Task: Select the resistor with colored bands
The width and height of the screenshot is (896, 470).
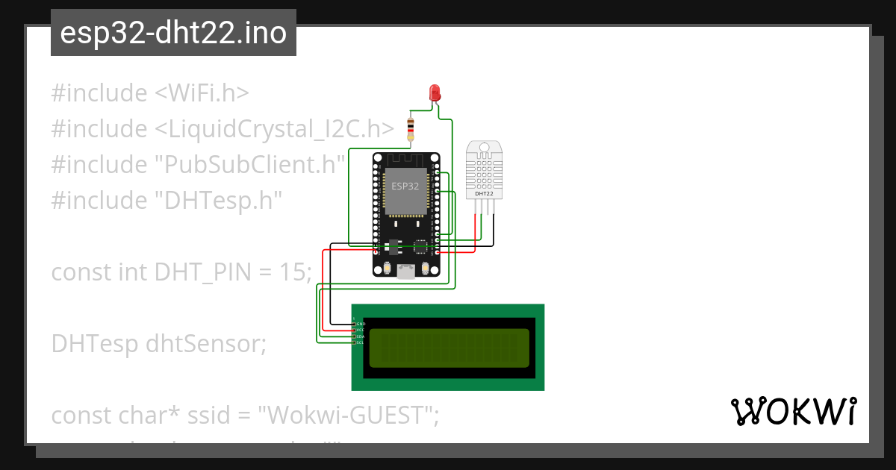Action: (409, 130)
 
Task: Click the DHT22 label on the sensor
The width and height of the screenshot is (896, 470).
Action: (484, 194)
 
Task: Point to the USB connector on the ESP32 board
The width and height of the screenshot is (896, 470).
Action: (406, 272)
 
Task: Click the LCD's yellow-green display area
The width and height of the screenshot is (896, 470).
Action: (449, 347)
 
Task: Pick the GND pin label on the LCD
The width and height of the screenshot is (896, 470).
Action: (361, 324)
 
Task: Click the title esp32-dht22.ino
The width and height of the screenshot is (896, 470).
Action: (173, 33)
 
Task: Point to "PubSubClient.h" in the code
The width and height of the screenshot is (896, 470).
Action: (250, 165)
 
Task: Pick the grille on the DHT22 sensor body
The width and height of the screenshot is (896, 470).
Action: (484, 168)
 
